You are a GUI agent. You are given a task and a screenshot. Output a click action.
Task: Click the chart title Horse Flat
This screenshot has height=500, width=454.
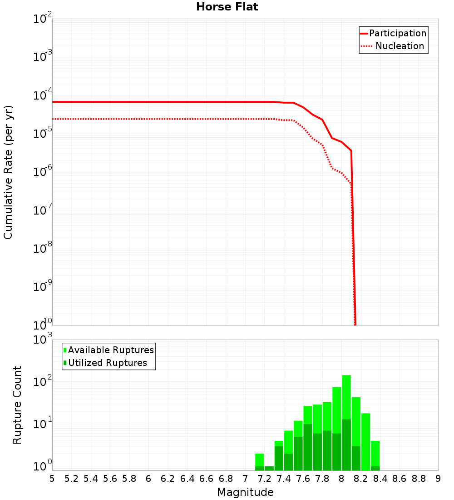(227, 7)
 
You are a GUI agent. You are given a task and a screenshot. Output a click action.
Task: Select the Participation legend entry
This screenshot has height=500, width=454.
(398, 33)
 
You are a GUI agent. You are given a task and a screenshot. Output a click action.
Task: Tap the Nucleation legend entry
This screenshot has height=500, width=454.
(400, 46)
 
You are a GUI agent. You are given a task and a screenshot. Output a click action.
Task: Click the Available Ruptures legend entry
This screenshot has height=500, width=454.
(111, 350)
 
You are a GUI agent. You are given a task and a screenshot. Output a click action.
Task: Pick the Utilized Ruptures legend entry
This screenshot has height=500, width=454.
(107, 363)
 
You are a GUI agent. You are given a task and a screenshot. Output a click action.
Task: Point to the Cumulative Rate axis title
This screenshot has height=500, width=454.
(8, 172)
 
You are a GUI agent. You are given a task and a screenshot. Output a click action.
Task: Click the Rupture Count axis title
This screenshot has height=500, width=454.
(17, 405)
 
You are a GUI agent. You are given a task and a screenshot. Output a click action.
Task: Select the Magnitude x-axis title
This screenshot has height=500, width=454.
(245, 492)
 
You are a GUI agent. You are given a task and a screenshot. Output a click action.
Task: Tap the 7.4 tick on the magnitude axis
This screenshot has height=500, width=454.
(284, 479)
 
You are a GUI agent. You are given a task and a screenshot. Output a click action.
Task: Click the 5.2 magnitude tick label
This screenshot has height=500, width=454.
(72, 479)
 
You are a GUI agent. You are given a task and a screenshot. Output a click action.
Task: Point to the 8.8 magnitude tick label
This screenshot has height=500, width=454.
(419, 479)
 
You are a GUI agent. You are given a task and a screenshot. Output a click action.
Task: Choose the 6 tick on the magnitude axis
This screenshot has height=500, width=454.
(148, 479)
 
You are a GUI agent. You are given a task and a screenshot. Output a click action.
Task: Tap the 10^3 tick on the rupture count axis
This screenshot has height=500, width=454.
(43, 340)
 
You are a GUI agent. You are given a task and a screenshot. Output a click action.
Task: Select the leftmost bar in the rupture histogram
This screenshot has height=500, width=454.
(260, 461)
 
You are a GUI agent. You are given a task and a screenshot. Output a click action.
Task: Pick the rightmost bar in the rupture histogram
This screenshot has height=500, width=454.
(375, 455)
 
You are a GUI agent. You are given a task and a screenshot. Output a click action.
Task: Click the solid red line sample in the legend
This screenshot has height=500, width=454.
(364, 33)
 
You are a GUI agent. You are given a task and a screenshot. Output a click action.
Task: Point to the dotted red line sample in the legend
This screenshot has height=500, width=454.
(366, 46)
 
